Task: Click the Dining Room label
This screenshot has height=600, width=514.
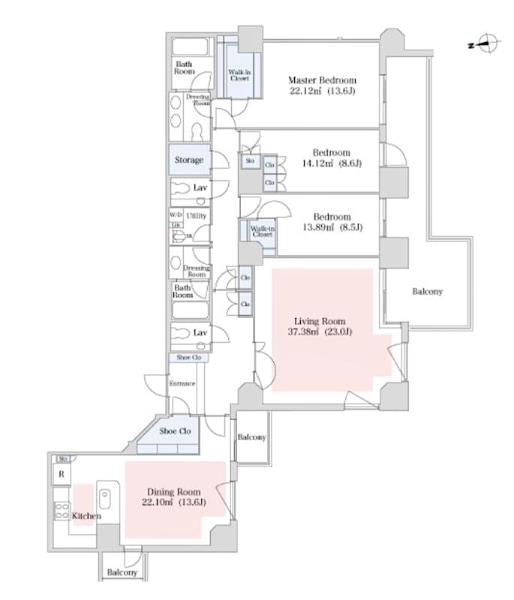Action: pyautogui.click(x=173, y=491)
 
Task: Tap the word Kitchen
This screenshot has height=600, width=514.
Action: pyautogui.click(x=86, y=516)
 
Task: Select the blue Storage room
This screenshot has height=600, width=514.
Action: pyautogui.click(x=189, y=160)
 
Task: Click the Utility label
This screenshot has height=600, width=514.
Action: pyautogui.click(x=197, y=216)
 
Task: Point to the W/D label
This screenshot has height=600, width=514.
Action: pyautogui.click(x=176, y=215)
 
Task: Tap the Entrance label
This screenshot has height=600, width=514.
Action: pyautogui.click(x=182, y=384)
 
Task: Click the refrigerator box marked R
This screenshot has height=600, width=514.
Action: pyautogui.click(x=61, y=475)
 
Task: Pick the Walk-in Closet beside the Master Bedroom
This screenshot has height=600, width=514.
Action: pyautogui.click(x=239, y=74)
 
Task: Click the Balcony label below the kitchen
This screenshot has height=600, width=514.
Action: pyautogui.click(x=122, y=572)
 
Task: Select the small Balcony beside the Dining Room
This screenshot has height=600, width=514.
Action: pyautogui.click(x=251, y=437)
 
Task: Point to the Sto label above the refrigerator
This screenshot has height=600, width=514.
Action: pyautogui.click(x=64, y=458)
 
